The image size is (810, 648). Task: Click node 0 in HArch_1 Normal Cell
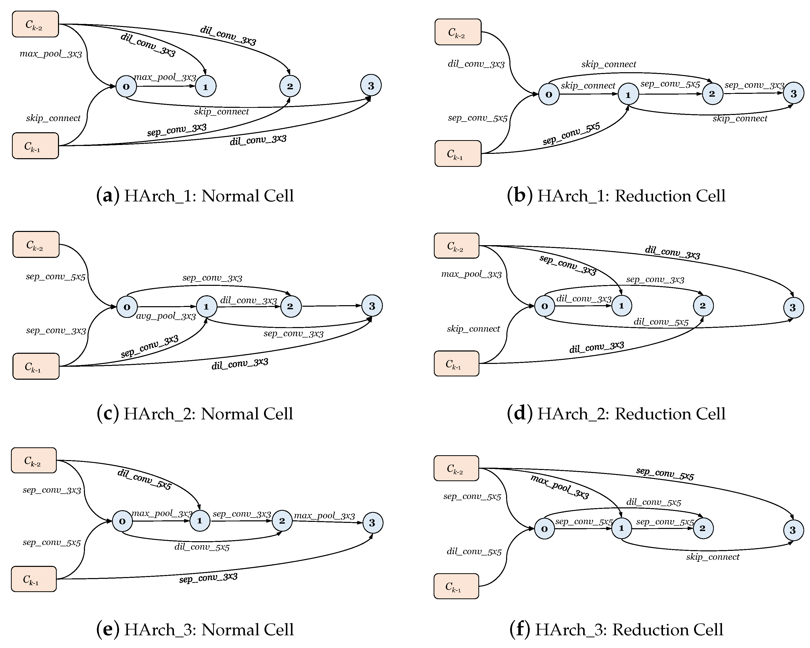coord(126,86)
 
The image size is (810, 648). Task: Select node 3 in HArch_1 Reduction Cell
coord(793,94)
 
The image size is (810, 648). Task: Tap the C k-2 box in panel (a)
coord(35,24)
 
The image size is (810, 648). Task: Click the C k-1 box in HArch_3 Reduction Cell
coord(456,586)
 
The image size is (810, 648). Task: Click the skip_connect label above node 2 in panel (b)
coord(609,64)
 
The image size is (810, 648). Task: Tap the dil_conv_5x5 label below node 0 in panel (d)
coord(661,322)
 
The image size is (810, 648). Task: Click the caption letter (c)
coord(107,413)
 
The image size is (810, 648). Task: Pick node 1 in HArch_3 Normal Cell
coord(199,521)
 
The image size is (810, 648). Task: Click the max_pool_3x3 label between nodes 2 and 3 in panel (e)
coord(324,516)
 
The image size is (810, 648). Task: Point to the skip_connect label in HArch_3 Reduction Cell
coord(712,557)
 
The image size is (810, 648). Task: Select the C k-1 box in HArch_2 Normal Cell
coord(36,366)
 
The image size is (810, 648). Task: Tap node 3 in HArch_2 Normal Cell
coord(372,306)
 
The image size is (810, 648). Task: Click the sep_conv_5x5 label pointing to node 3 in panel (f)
coord(665,474)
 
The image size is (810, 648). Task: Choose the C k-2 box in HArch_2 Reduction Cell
coord(456,246)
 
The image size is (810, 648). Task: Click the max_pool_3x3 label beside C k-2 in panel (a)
coord(51,54)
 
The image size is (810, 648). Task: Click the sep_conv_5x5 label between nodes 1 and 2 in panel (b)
coord(670,84)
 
